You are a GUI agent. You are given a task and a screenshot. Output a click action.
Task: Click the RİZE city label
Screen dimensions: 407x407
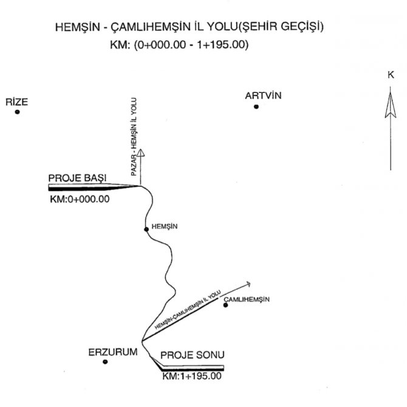tap(17, 102)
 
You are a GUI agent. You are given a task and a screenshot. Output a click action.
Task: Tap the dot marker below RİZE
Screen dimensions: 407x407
tap(18, 112)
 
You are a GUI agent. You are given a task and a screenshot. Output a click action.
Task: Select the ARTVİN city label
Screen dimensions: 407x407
tap(263, 96)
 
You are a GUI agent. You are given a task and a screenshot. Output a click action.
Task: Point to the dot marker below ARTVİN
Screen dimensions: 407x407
tap(256, 107)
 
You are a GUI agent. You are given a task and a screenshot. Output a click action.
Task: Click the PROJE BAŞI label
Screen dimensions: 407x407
tap(77, 177)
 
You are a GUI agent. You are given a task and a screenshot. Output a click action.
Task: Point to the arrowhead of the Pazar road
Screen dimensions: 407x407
tap(140, 152)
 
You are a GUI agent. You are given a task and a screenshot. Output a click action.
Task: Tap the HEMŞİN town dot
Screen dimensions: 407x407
tap(146, 230)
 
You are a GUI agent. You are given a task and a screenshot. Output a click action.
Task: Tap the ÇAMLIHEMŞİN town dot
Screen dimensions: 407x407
tap(225, 305)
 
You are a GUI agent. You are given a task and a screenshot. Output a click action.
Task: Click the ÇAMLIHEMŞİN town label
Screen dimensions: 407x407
tap(246, 299)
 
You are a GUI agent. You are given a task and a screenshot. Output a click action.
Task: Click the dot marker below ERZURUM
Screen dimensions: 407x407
tap(105, 362)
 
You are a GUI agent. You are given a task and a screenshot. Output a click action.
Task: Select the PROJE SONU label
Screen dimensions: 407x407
tap(191, 356)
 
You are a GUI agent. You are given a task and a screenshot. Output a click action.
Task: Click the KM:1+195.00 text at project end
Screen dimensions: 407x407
tap(192, 377)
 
